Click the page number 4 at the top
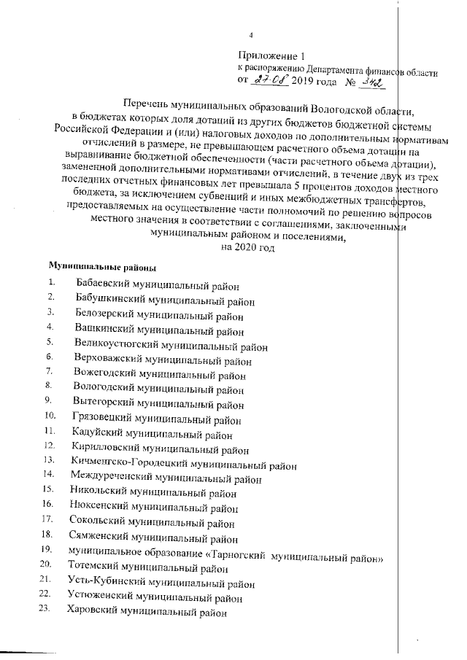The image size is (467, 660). [251, 35]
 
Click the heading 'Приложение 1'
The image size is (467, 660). [269, 56]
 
